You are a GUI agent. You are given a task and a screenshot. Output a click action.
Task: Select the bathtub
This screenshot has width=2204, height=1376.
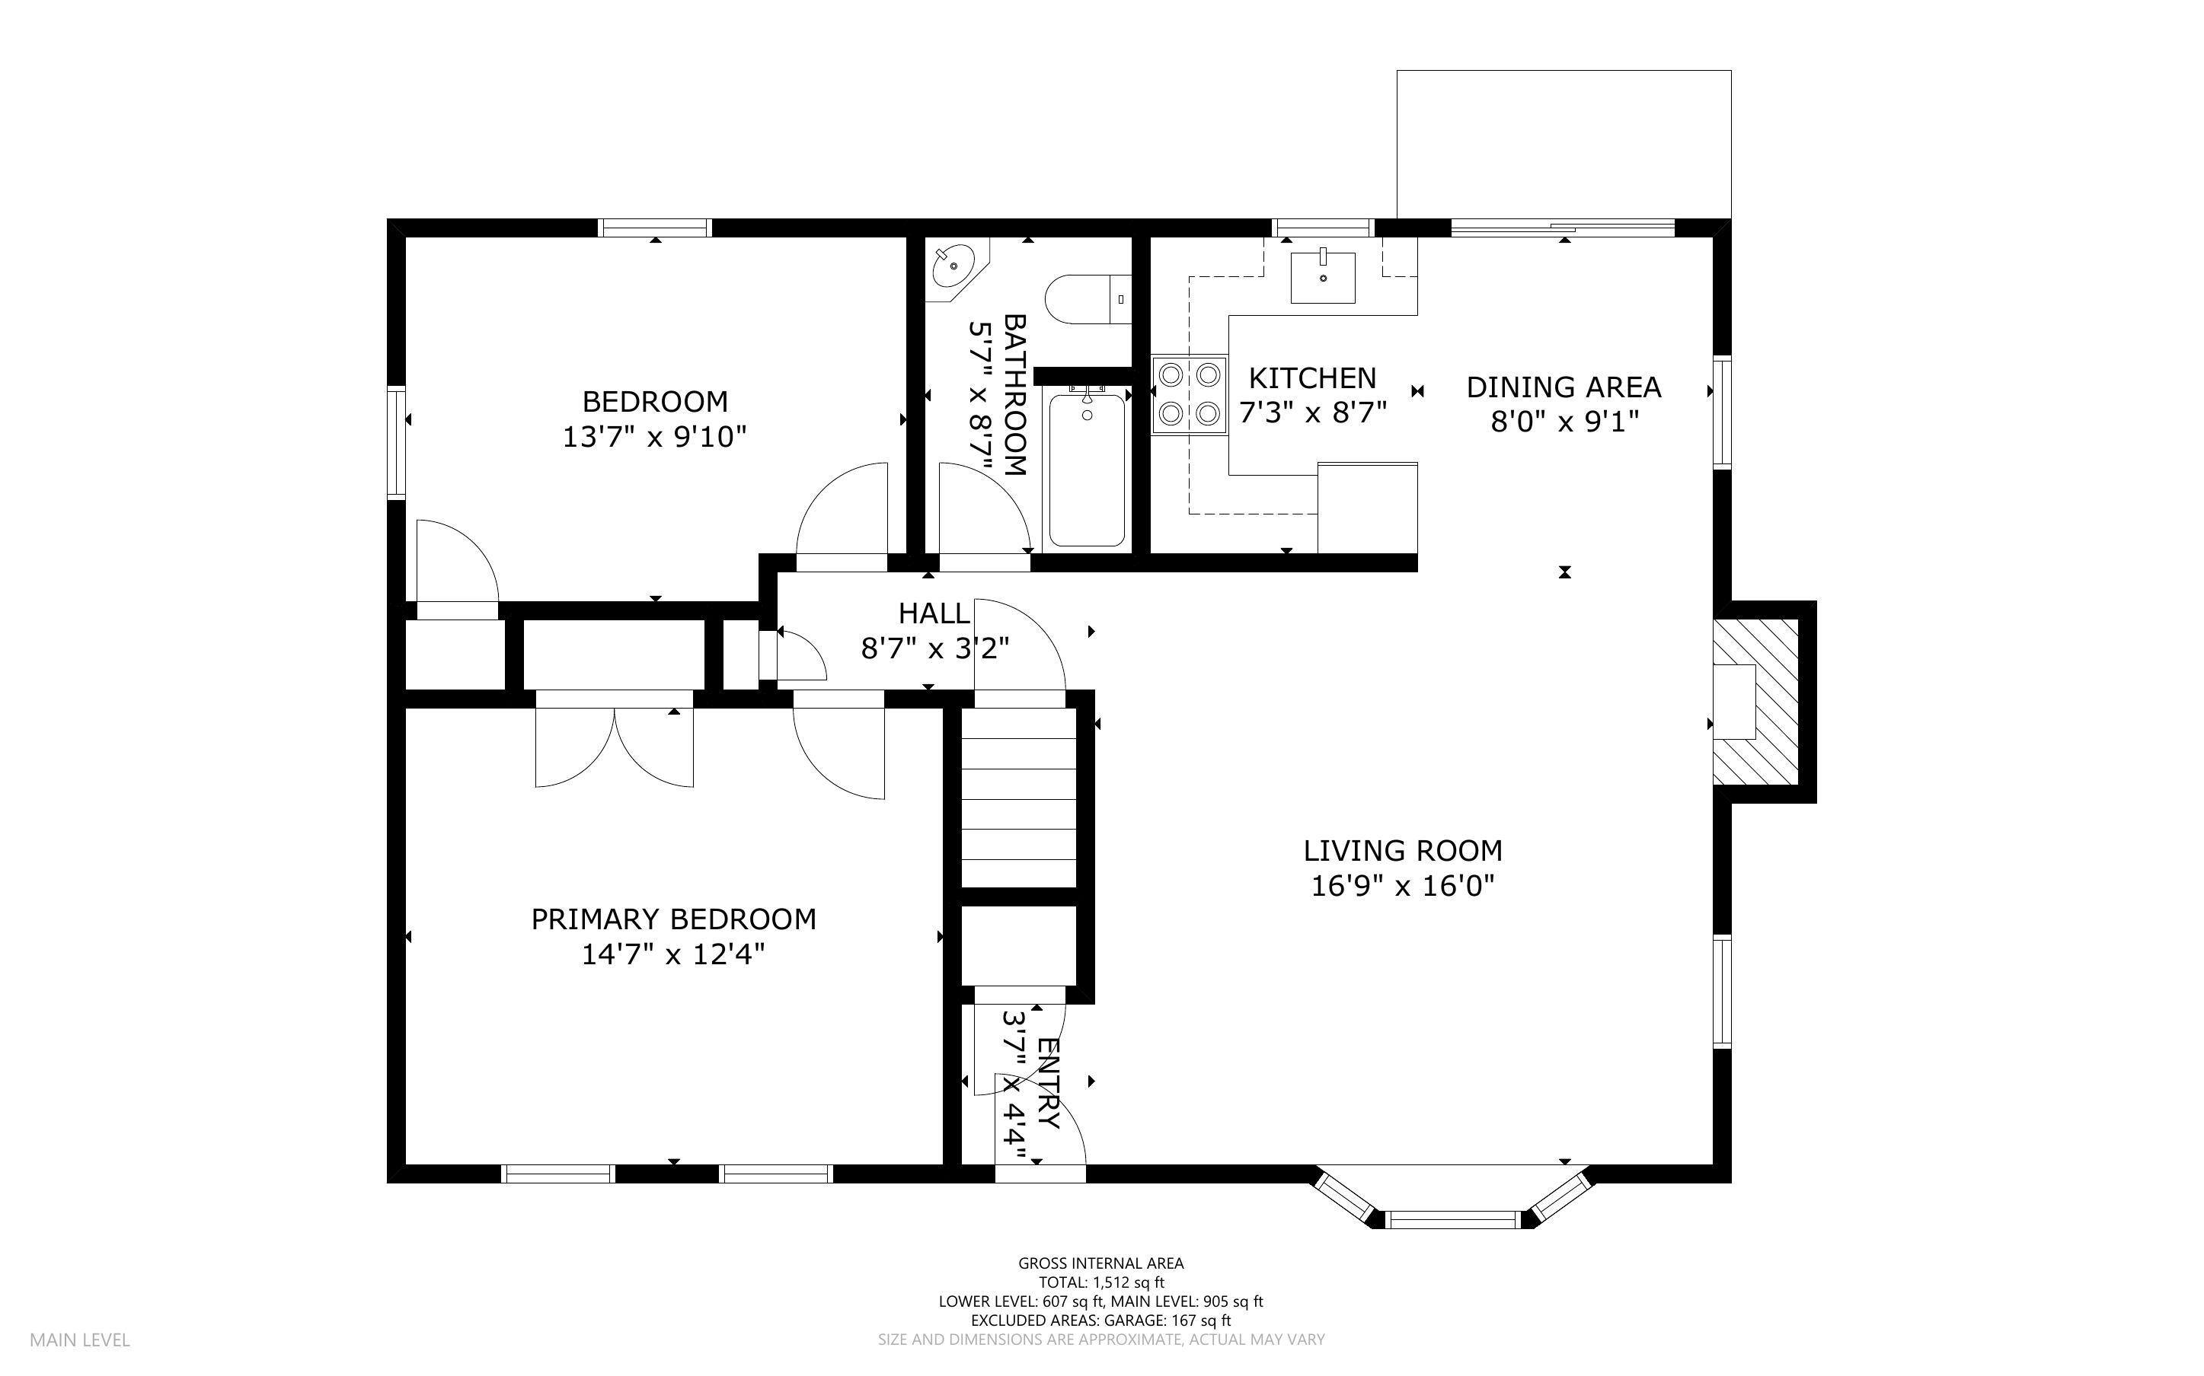[x=1087, y=469]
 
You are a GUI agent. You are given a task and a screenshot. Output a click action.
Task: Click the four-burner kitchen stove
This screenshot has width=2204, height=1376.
[x=1189, y=395]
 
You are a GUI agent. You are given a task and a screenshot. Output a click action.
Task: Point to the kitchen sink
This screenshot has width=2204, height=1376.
[x=1323, y=277]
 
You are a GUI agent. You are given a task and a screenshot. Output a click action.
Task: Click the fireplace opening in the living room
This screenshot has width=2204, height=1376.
[x=1734, y=702]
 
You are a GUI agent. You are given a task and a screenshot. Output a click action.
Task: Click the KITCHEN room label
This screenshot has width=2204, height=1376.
[x=1312, y=377]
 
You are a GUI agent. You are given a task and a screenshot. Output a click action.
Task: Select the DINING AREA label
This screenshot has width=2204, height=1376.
[x=1563, y=387]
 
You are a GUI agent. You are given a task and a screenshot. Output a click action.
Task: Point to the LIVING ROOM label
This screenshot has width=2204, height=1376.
[x=1403, y=851]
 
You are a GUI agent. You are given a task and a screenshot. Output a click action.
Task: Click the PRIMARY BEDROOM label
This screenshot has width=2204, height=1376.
[x=674, y=919]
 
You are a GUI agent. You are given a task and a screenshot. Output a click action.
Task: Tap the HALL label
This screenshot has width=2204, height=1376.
[x=934, y=613]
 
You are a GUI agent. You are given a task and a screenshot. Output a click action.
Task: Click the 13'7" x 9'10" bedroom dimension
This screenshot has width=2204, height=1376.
[x=654, y=438]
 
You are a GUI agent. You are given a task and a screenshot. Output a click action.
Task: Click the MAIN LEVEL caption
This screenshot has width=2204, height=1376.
[x=80, y=1339]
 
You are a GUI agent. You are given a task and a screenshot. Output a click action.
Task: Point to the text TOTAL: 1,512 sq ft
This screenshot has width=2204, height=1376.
[x=1101, y=1282]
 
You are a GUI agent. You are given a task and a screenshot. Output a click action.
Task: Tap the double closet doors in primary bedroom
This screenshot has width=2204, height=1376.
[x=615, y=747]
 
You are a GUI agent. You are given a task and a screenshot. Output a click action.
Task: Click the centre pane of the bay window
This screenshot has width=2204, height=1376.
[x=1454, y=1219]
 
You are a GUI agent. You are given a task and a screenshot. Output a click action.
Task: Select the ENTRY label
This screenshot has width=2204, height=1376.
[x=1048, y=1083]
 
